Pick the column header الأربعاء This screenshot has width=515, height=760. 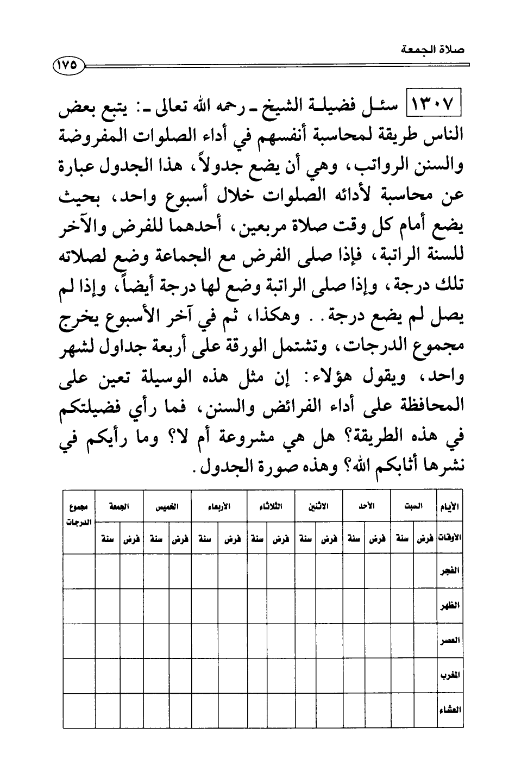219,506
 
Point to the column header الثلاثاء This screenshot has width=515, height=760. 271,506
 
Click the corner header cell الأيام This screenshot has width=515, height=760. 449,506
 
